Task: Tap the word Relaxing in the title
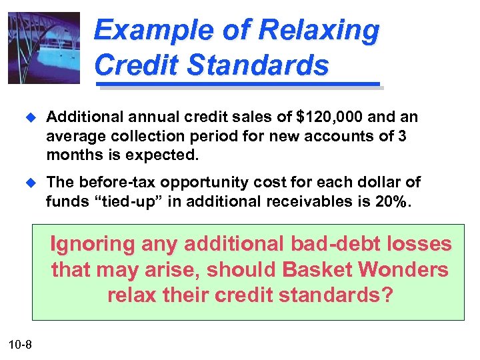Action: pyautogui.click(x=319, y=31)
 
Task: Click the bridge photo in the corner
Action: pyautogui.click(x=44, y=48)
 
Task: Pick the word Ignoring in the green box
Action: pyautogui.click(x=93, y=244)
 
